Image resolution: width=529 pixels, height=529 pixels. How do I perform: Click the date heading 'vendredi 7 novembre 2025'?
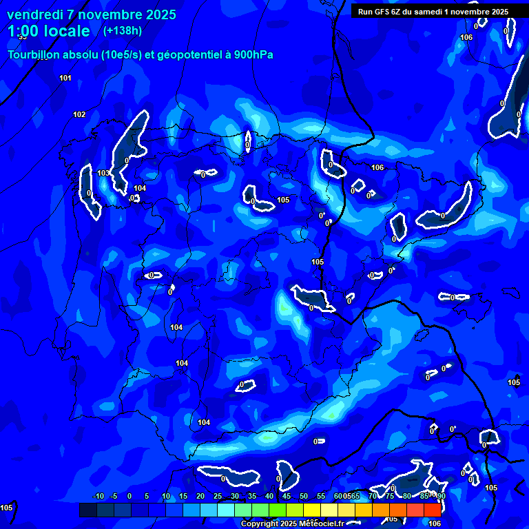tap(92, 14)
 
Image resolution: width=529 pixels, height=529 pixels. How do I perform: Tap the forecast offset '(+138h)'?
tap(122, 30)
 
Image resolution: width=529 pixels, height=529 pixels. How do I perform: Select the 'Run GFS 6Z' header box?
tap(433, 11)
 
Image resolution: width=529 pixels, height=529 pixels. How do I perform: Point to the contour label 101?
tap(65, 78)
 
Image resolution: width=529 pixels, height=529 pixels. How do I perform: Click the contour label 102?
tap(79, 114)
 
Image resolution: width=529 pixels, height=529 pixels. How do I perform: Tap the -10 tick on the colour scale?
tap(98, 496)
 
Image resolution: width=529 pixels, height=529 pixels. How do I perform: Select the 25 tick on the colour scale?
tap(218, 496)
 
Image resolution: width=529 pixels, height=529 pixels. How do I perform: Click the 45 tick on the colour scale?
tap(287, 496)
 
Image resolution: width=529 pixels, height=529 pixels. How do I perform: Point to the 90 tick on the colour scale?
tap(441, 496)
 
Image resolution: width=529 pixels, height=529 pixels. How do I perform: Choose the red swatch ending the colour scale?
tap(433, 510)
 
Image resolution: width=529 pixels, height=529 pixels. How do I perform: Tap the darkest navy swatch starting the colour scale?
tap(87, 510)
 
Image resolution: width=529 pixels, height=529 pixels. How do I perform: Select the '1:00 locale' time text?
tap(49, 31)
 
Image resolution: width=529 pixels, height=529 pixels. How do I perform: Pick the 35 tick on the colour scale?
tap(252, 496)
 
